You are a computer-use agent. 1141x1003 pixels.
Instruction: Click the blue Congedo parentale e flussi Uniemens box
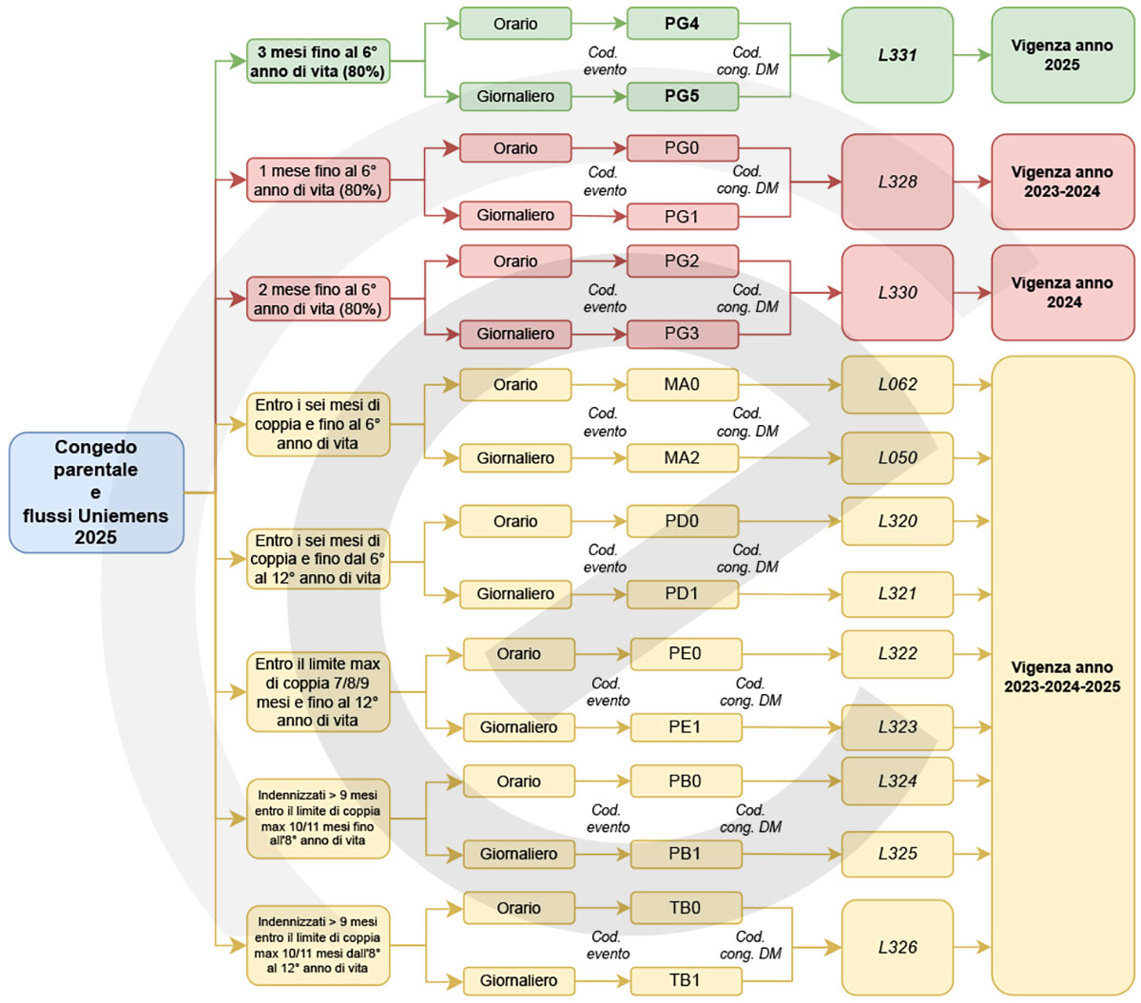coord(96,492)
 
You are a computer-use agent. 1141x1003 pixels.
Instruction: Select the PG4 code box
coord(683,24)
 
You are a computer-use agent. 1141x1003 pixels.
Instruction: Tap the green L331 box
coord(898,55)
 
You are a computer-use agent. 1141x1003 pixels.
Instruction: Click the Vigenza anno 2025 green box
coord(1063,55)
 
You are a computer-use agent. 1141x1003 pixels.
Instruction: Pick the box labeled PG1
coord(683,216)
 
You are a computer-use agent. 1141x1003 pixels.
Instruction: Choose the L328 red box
coord(898,182)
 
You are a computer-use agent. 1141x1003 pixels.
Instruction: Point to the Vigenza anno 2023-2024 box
coord(1063,182)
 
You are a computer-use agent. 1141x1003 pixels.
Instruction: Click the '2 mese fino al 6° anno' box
coord(319,299)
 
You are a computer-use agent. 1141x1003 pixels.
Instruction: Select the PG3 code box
coord(683,334)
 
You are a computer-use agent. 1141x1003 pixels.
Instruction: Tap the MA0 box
coord(683,385)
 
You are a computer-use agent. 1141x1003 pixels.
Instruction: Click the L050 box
coord(898,458)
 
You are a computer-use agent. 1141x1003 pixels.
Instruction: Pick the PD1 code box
coord(683,594)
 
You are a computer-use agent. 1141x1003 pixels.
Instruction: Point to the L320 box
coord(898,521)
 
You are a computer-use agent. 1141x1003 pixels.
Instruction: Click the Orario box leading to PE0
coord(519,654)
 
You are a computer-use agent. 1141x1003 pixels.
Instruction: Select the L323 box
coord(898,727)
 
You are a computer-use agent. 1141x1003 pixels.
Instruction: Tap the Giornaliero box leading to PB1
coord(519,855)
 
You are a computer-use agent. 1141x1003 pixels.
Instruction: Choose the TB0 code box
coord(686,908)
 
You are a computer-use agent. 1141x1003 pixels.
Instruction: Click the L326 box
coord(898,947)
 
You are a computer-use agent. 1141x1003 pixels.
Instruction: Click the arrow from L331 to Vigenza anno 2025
coord(973,55)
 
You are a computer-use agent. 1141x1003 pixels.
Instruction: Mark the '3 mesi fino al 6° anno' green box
coord(319,61)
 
